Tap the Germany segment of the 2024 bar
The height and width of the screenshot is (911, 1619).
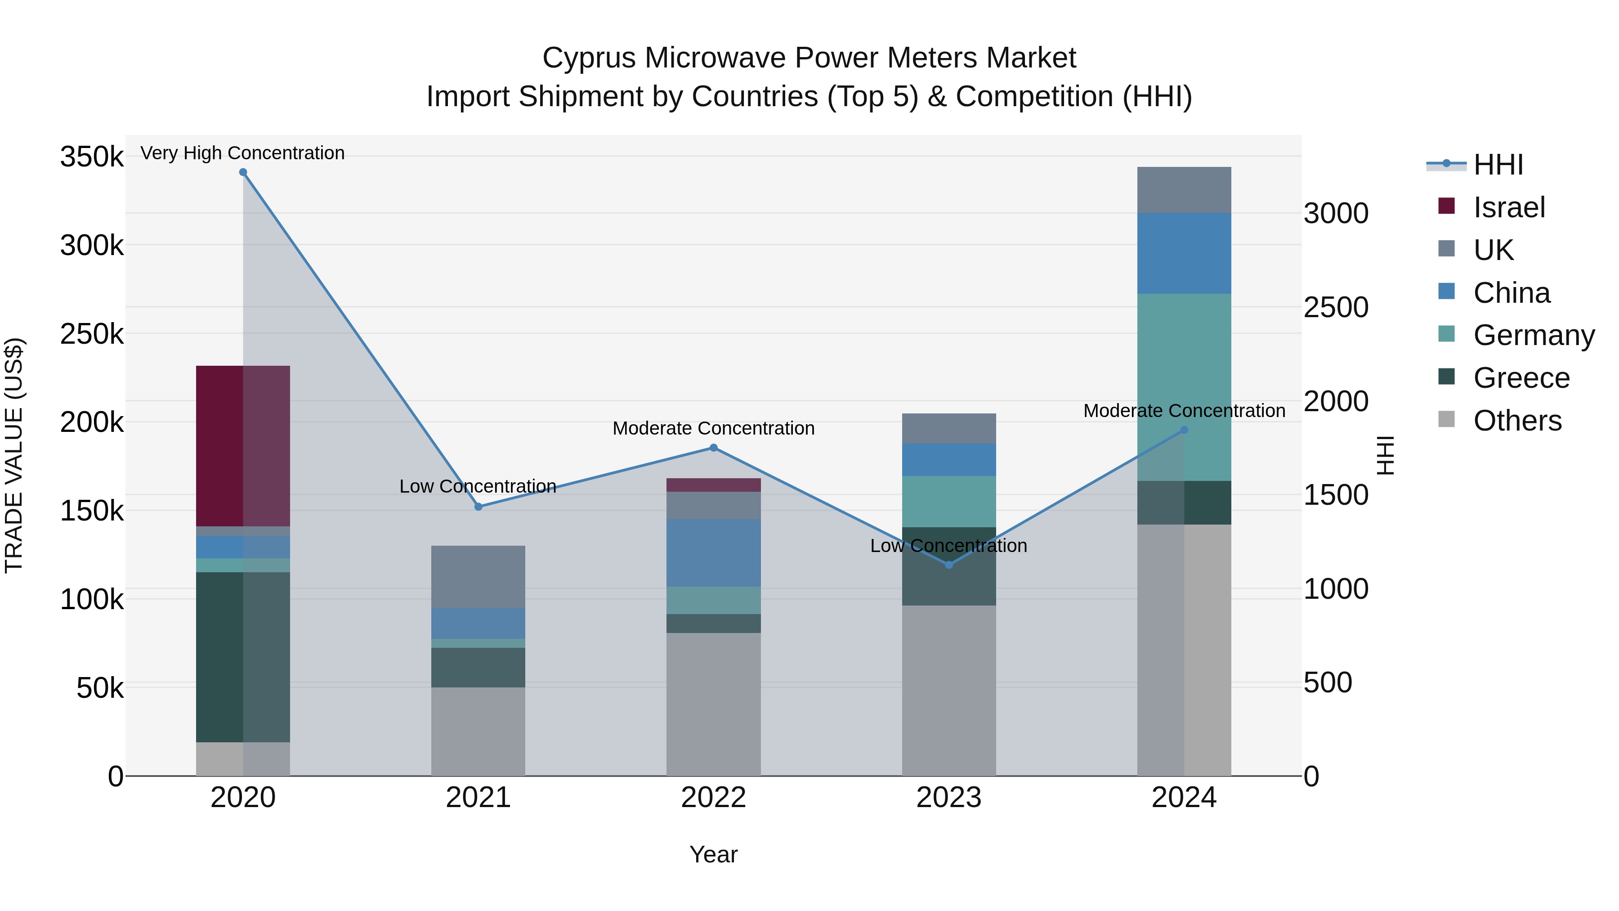(1184, 386)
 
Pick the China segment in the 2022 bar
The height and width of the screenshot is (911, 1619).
(713, 552)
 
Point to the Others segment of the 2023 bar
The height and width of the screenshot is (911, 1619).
(948, 690)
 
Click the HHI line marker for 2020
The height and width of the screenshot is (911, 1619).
(243, 172)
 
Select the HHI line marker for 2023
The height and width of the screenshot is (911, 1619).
(949, 565)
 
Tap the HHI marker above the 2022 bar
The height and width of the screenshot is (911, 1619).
(713, 448)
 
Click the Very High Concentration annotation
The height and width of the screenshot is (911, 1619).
(242, 153)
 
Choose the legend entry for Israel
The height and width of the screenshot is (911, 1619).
(1508, 207)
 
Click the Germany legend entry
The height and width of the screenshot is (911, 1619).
(1533, 335)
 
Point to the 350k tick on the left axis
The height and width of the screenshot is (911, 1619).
(92, 157)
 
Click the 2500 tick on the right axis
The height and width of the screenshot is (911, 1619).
(1336, 307)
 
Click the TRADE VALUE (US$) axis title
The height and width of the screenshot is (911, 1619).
(14, 455)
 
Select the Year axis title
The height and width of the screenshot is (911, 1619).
(713, 854)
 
